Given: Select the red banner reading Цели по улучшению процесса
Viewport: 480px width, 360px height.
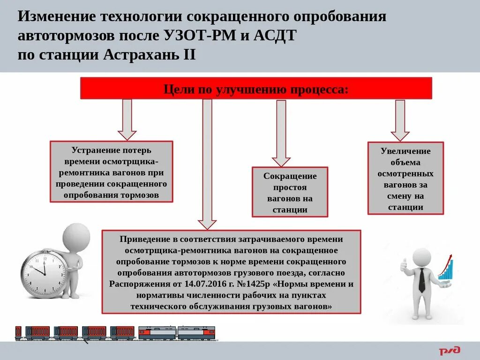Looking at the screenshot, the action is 256,89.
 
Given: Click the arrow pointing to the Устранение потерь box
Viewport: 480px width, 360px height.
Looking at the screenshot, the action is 127,120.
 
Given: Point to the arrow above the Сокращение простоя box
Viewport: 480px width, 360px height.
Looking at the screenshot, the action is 281,133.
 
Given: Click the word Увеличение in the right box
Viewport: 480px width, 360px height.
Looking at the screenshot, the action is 405,151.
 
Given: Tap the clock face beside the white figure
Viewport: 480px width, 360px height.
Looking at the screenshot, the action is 43,274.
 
